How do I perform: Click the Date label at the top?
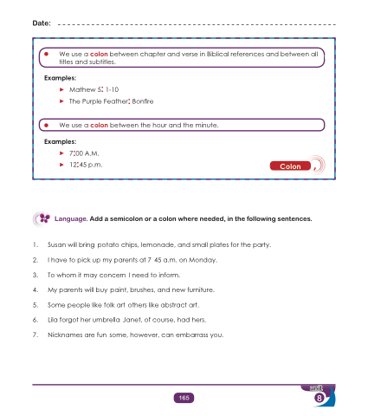(x=42, y=23)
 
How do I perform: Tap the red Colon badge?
(x=290, y=166)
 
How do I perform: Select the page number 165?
(x=184, y=398)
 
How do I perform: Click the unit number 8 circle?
(x=320, y=398)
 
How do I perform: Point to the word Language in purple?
(x=71, y=219)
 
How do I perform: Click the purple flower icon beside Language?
(x=44, y=218)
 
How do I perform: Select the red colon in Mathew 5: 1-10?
(x=102, y=89)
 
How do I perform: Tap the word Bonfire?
(x=143, y=101)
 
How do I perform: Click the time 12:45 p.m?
(x=86, y=165)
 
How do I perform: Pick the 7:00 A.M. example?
(x=84, y=153)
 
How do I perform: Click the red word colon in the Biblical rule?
(x=99, y=54)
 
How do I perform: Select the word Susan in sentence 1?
(x=56, y=245)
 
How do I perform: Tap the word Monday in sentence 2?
(x=203, y=260)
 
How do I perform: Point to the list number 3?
(x=36, y=275)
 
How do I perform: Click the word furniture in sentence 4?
(x=201, y=289)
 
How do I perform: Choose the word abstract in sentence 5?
(x=174, y=305)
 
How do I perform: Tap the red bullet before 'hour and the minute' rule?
(x=46, y=126)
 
